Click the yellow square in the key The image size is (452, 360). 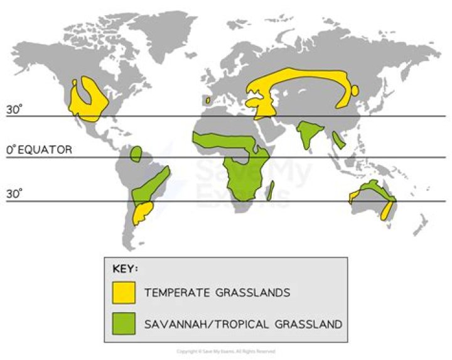124,293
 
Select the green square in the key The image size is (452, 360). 124,324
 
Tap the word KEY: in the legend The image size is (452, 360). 125,270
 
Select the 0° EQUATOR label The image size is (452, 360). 39,150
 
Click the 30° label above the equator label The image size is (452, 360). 14,109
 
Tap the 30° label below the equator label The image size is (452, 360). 14,194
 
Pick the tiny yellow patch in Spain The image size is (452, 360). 207,100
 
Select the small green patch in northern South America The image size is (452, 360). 136,154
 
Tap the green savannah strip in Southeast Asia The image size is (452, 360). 339,139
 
